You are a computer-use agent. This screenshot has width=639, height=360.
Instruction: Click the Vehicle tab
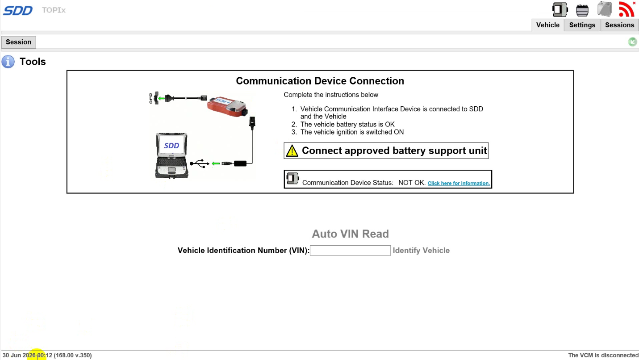click(548, 25)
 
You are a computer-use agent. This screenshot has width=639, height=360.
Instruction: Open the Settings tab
click(582, 25)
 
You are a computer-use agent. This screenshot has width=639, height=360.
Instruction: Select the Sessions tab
click(620, 25)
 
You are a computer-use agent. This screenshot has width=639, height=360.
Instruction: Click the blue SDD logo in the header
click(18, 11)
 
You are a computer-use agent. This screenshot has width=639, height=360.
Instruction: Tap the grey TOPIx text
click(54, 10)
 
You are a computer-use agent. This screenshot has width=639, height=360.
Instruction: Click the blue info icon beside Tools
click(8, 62)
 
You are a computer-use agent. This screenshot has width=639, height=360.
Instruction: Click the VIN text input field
click(350, 251)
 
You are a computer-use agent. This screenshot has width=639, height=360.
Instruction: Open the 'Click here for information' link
click(459, 183)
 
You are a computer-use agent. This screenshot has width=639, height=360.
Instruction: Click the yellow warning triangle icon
click(292, 151)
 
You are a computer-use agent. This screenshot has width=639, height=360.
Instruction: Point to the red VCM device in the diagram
click(227, 107)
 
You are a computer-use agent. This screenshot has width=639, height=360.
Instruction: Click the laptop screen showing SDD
click(171, 146)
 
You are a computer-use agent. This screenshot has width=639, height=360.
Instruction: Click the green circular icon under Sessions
click(632, 42)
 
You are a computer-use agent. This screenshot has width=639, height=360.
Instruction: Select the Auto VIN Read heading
click(350, 234)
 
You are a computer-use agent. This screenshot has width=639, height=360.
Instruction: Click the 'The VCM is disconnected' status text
click(603, 355)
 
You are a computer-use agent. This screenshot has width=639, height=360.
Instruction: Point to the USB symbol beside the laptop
click(200, 163)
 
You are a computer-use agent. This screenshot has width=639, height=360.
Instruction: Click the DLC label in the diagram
click(150, 98)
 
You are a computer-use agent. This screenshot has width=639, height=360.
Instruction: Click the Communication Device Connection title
click(320, 81)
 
